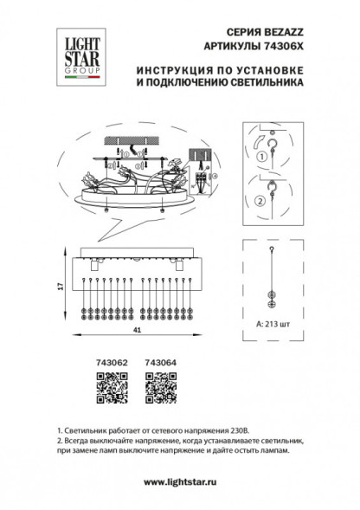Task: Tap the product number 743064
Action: [x=157, y=362]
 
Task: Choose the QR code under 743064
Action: [x=157, y=384]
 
